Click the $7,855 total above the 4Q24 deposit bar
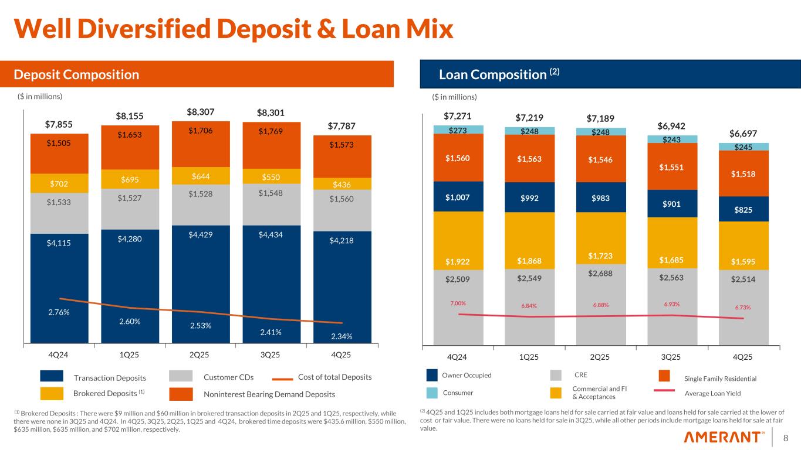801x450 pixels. click(59, 124)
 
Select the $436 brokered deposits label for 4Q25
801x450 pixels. click(343, 184)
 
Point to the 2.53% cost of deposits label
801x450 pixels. click(201, 326)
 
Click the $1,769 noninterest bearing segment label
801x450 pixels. click(272, 132)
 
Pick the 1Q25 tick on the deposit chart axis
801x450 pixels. click(130, 355)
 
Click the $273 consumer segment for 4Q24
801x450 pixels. click(458, 129)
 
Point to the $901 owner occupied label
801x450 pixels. click(672, 203)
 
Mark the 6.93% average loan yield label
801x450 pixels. click(672, 304)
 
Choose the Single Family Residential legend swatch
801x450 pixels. click(664, 376)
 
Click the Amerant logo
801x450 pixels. click(725, 437)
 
